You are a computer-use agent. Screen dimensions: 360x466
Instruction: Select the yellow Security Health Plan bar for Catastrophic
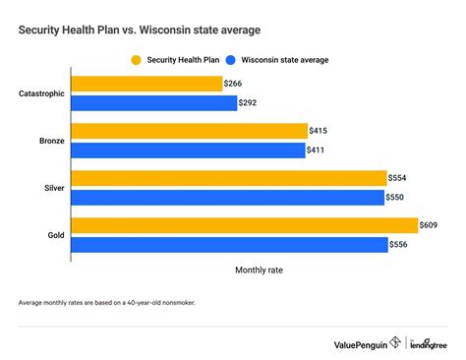pyautogui.click(x=148, y=84)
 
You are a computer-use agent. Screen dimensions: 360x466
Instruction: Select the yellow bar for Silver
pyautogui.click(x=230, y=178)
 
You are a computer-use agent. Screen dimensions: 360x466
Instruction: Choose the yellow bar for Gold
pyautogui.click(x=246, y=225)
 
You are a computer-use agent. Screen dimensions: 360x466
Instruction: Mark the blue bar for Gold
pyautogui.click(x=230, y=244)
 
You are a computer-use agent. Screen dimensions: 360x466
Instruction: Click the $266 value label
pyautogui.click(x=236, y=84)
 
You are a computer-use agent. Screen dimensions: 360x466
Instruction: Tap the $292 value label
pyautogui.click(x=250, y=102)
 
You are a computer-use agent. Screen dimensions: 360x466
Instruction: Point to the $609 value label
pyautogui.click(x=431, y=225)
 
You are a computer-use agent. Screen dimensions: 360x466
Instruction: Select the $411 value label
pyautogui.click(x=320, y=150)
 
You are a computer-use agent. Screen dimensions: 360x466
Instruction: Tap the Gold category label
pyautogui.click(x=56, y=235)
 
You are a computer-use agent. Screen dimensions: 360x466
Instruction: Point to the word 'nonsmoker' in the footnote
pyautogui.click(x=175, y=303)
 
